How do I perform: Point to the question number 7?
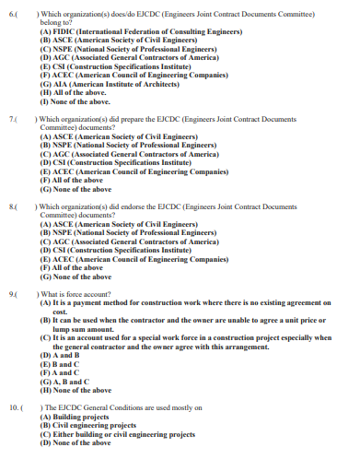click(x=12, y=120)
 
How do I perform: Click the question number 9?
click(x=12, y=293)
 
